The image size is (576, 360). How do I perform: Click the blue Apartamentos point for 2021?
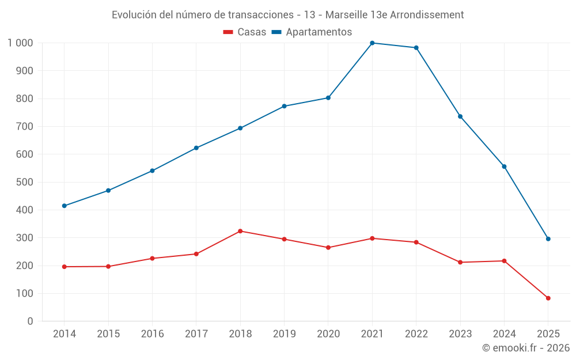pyautogui.click(x=372, y=43)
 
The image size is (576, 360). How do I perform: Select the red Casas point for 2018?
pyautogui.click(x=240, y=231)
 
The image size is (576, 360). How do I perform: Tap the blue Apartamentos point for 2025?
pyautogui.click(x=548, y=239)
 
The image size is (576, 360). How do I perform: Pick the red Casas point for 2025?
pyautogui.click(x=548, y=298)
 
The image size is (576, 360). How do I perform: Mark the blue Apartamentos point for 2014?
pyautogui.click(x=65, y=206)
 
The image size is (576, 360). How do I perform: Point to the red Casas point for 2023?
pyautogui.click(x=460, y=262)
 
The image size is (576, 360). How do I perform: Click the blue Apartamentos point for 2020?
pyautogui.click(x=328, y=98)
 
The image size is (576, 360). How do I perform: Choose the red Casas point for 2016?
pyautogui.click(x=152, y=258)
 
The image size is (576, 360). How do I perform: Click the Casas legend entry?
pyautogui.click(x=245, y=32)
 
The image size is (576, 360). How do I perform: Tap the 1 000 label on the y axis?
pyautogui.click(x=21, y=43)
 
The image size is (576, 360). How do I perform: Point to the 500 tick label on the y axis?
pyautogui.click(x=25, y=182)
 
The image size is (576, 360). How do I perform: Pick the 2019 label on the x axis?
pyautogui.click(x=284, y=334)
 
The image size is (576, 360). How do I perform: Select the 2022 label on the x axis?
pyautogui.click(x=416, y=334)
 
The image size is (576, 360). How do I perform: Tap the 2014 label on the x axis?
pyautogui.click(x=65, y=334)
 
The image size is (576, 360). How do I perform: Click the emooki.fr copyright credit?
pyautogui.click(x=526, y=348)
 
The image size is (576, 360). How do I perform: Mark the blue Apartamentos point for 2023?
pyautogui.click(x=460, y=116)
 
